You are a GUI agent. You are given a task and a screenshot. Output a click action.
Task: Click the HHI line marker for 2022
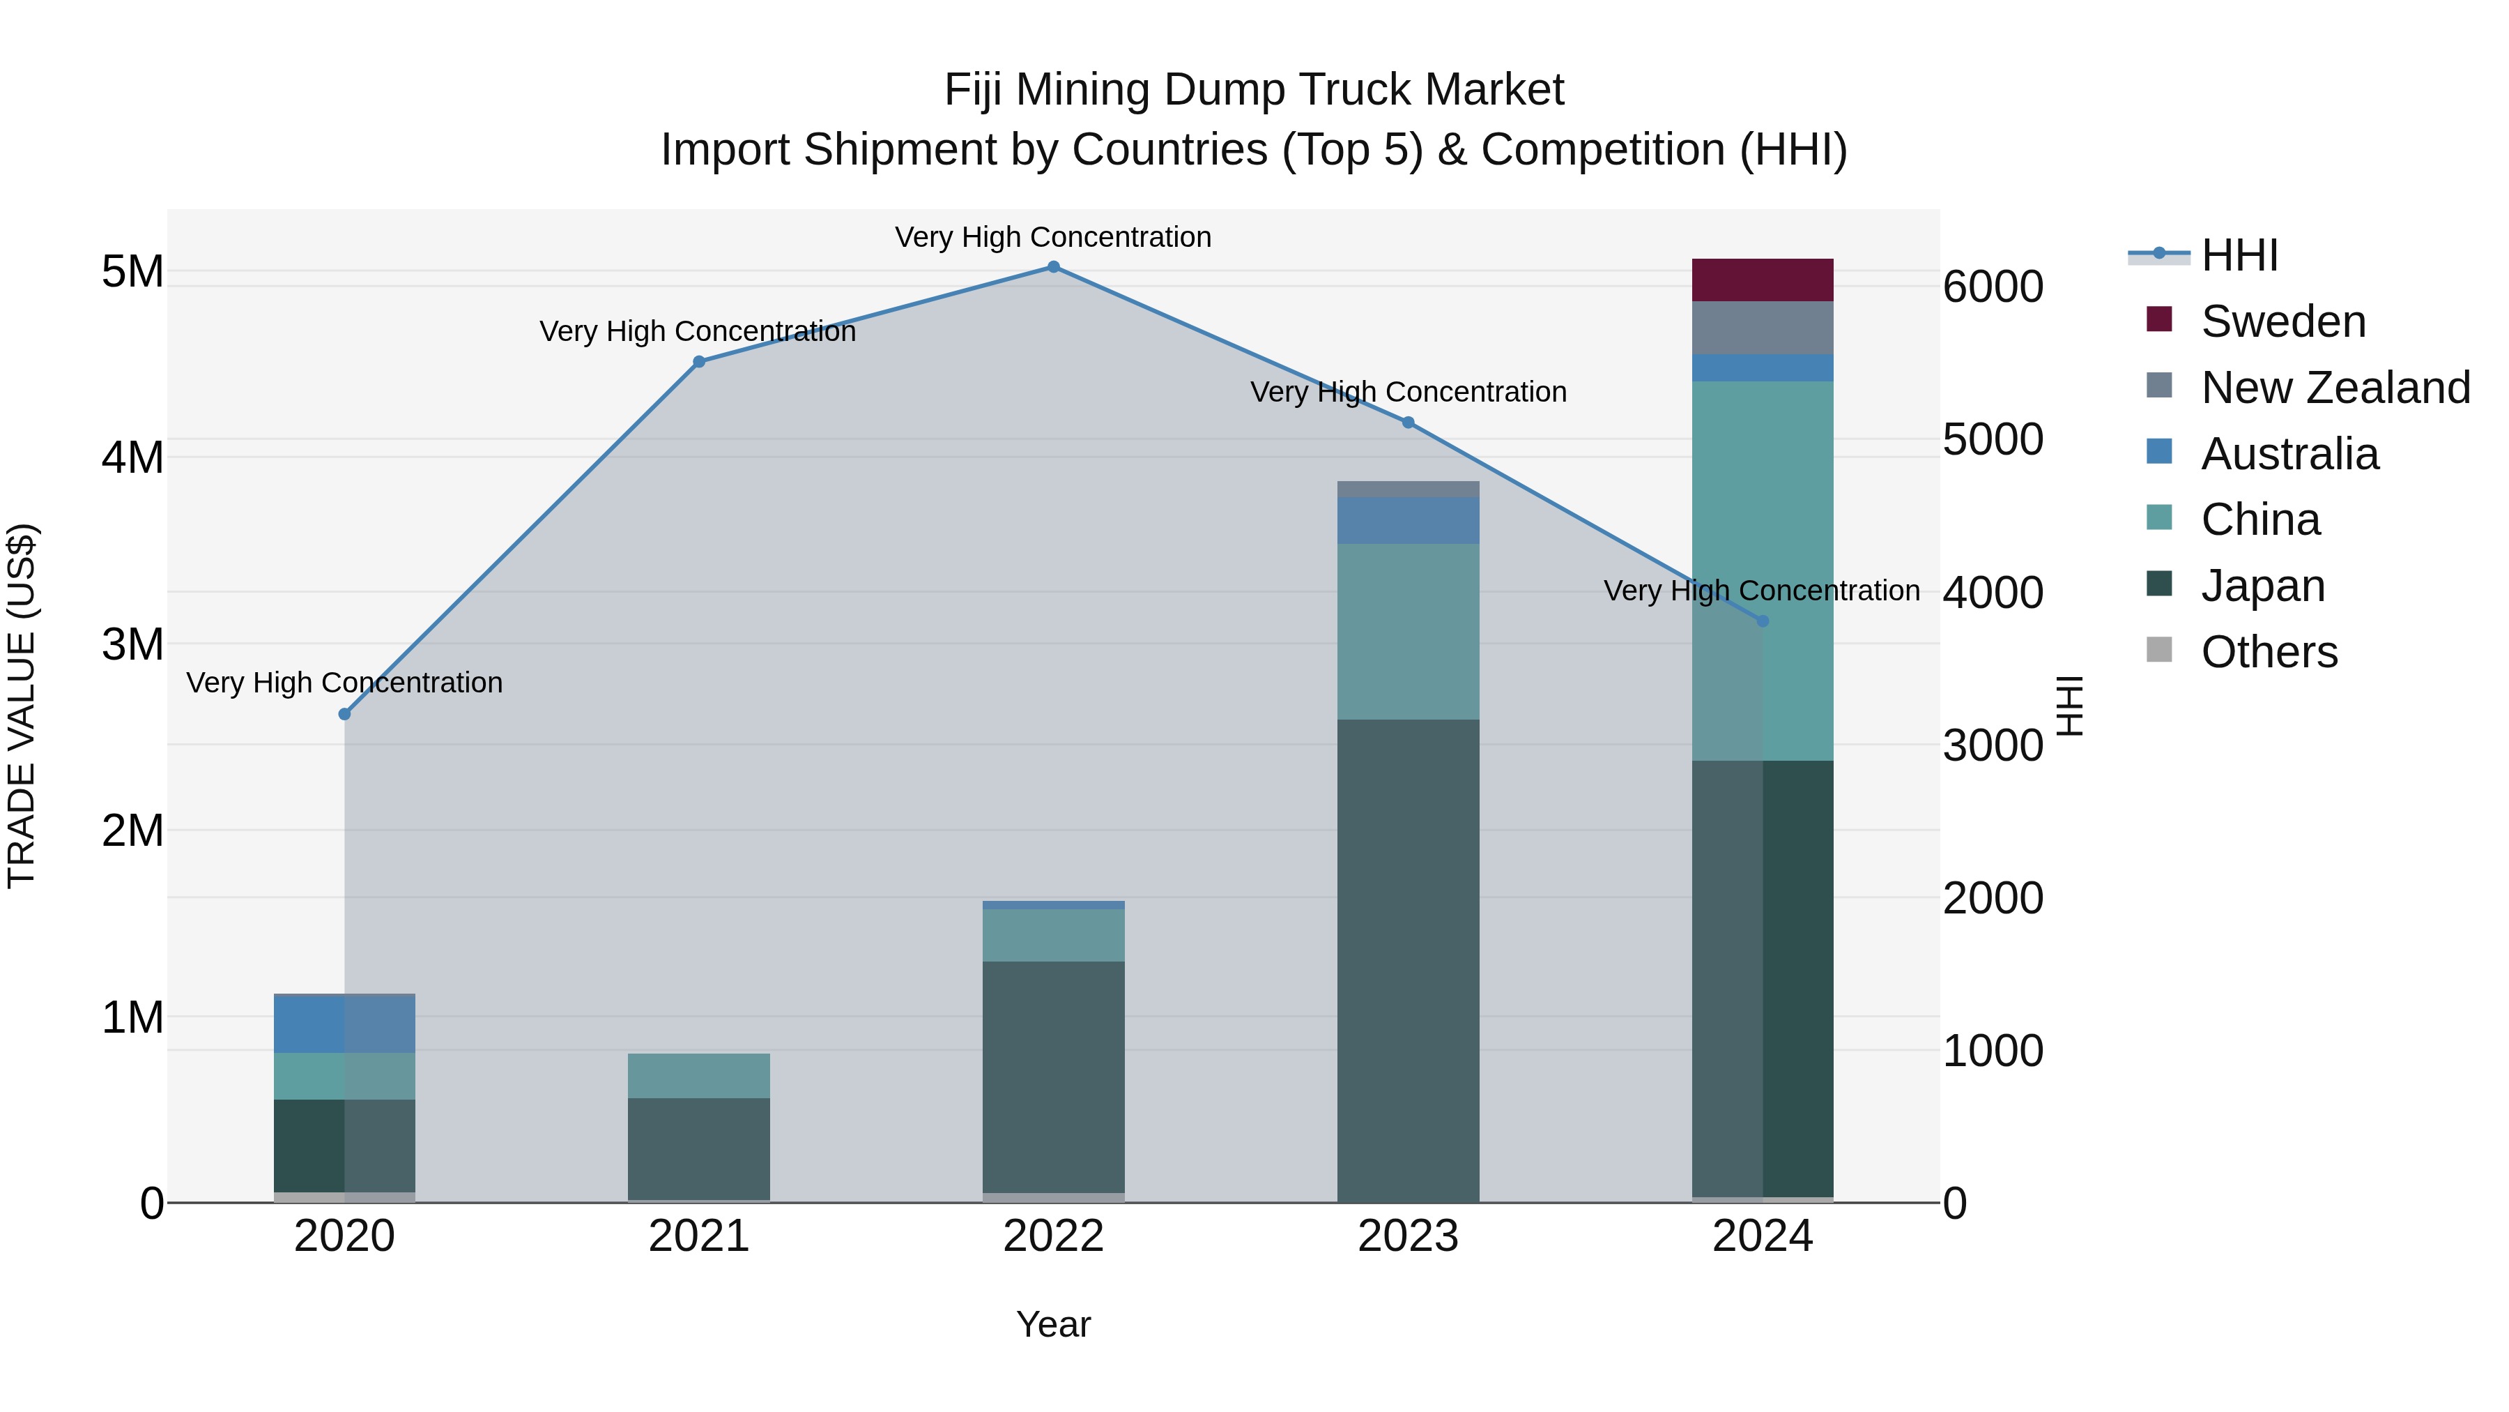tap(1053, 267)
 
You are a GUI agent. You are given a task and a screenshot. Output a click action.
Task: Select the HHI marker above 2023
tap(1407, 423)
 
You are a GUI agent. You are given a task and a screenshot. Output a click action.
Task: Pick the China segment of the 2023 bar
tap(1407, 632)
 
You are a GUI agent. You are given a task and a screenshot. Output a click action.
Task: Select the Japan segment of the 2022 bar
tap(1053, 1077)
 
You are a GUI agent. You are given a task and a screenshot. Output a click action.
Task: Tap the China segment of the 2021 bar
tap(698, 1076)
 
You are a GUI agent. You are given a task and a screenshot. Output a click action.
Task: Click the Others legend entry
tap(2269, 652)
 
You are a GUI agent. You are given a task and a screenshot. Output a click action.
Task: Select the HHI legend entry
tap(2238, 255)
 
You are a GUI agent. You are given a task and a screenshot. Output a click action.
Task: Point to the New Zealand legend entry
tap(2335, 388)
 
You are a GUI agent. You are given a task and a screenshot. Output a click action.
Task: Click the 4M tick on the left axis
tap(132, 458)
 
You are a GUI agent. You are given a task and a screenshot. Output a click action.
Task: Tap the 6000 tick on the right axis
tap(1993, 287)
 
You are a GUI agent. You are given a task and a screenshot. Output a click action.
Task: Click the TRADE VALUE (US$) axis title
tap(22, 706)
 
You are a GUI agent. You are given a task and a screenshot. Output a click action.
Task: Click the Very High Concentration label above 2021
tap(698, 331)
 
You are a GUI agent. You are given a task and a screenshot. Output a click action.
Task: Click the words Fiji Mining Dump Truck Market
tap(1254, 91)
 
